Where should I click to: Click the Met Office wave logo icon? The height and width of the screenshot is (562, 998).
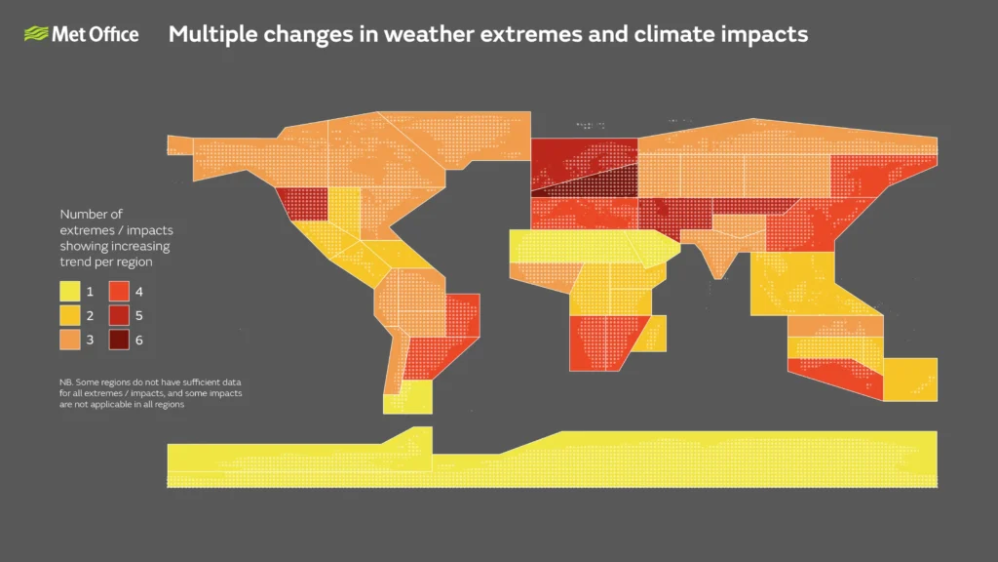tap(37, 35)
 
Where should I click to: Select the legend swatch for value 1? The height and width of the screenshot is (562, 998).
tap(70, 292)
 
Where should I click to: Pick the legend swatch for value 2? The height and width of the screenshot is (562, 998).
tap(70, 316)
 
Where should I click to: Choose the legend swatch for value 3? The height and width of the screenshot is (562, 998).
tap(70, 341)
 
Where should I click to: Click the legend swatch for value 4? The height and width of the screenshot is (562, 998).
tap(119, 292)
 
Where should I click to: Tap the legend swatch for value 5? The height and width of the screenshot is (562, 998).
tap(119, 316)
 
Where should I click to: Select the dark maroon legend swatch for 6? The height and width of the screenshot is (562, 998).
tap(119, 341)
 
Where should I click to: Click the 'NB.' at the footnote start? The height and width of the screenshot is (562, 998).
tap(65, 381)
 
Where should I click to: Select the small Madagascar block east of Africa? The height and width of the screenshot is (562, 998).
tap(654, 333)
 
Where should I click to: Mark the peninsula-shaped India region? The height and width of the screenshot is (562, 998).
tap(722, 255)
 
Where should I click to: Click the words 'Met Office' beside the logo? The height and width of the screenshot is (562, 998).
tap(96, 35)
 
